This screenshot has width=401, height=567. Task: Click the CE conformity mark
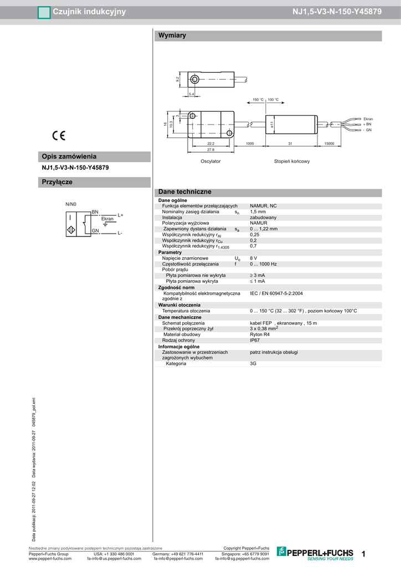(59, 136)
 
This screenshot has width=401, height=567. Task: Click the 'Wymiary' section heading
(172, 36)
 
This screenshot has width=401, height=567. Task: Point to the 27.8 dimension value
(210, 150)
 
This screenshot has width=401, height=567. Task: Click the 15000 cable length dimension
(329, 143)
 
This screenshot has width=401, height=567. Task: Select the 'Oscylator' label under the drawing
(210, 161)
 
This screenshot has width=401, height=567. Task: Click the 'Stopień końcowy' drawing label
(292, 161)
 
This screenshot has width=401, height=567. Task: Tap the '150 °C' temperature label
(258, 100)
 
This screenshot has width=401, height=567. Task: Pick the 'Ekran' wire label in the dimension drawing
(368, 119)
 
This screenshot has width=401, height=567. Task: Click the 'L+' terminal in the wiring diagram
(120, 215)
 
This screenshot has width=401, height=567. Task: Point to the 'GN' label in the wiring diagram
(95, 230)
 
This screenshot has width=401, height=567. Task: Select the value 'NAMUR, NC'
(263, 205)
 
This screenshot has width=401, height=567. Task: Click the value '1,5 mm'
(258, 212)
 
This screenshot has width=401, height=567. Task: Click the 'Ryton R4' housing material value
(260, 334)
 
